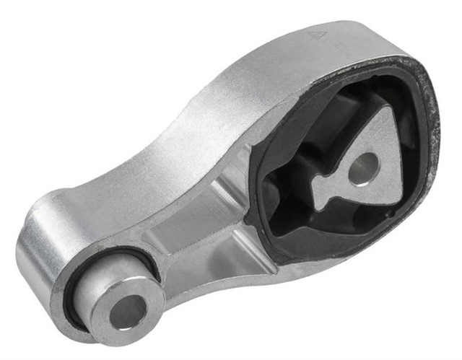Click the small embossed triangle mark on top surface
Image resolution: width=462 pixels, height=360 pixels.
click(316, 33)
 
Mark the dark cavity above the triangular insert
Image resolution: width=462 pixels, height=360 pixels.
click(339, 108)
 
